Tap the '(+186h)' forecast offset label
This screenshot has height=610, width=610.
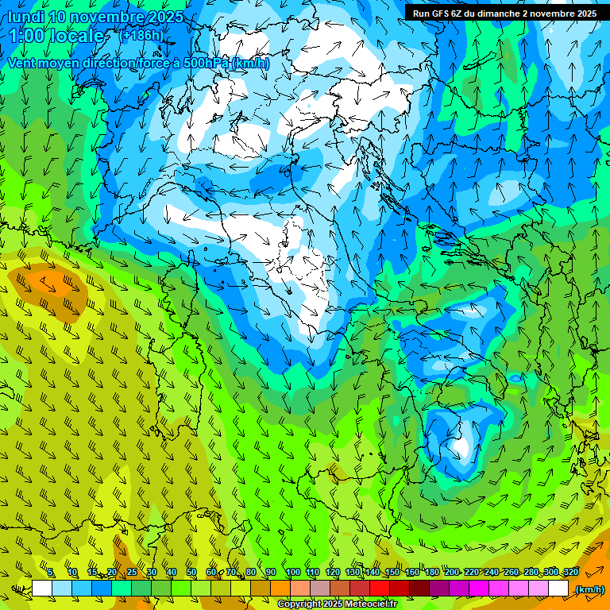(143, 35)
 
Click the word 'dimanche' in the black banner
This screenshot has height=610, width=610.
(496, 14)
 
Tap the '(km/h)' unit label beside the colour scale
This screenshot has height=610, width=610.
(589, 589)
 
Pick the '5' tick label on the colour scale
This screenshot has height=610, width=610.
(51, 573)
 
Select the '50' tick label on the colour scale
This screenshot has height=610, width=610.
(191, 573)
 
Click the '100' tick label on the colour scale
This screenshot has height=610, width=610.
(293, 573)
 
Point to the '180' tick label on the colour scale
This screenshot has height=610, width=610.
(432, 573)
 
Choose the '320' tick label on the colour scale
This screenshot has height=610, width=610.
(571, 573)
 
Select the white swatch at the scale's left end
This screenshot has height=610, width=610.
(42, 589)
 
